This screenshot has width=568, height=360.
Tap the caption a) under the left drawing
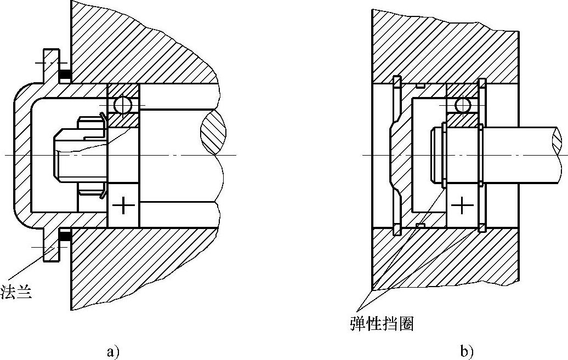(x=113, y=351)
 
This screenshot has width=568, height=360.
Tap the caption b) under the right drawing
(x=467, y=351)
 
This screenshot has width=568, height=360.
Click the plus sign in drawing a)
(x=123, y=207)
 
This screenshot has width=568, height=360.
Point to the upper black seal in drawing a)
(x=65, y=75)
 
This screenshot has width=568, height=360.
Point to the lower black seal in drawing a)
(x=65, y=237)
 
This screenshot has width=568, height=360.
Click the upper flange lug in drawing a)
(x=51, y=63)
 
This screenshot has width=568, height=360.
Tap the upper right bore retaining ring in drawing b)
(x=482, y=83)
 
